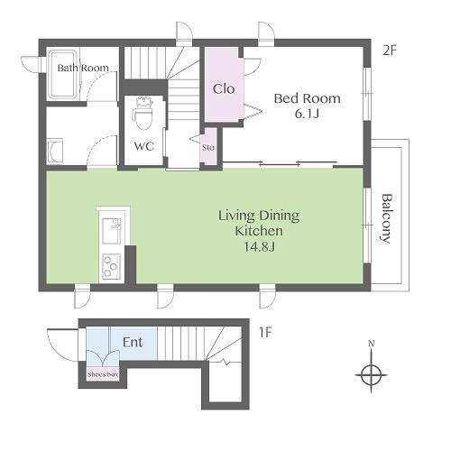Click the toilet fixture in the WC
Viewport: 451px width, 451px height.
click(x=143, y=114)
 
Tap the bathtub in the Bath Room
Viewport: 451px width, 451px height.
click(x=64, y=74)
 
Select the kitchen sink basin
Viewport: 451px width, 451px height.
click(x=112, y=231)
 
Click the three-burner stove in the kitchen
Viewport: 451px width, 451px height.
click(x=111, y=267)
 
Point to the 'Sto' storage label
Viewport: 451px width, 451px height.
click(x=208, y=147)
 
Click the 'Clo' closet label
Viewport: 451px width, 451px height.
click(x=224, y=88)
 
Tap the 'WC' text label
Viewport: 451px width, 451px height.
click(x=144, y=146)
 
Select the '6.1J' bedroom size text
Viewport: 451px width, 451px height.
click(x=307, y=114)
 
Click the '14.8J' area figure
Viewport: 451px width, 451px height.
click(x=259, y=246)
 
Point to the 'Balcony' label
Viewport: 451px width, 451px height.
click(x=388, y=218)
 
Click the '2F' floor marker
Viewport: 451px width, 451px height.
click(x=390, y=51)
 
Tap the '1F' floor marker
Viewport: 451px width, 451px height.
click(x=265, y=333)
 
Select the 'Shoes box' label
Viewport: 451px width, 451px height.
click(x=103, y=374)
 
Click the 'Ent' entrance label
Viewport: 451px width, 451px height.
click(x=133, y=342)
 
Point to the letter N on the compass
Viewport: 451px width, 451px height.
click(x=372, y=344)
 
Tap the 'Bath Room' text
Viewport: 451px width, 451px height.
click(x=83, y=68)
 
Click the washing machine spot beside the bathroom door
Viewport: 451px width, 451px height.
click(x=55, y=152)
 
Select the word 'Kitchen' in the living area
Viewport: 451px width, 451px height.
click(x=259, y=231)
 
